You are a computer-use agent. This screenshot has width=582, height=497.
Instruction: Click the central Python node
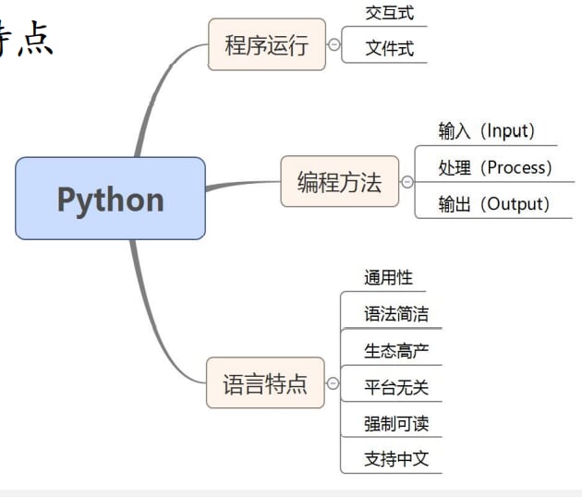pos(110,199)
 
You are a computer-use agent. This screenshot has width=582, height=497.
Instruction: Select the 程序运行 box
pos(266,44)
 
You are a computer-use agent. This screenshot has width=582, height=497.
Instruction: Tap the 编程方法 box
pos(339,182)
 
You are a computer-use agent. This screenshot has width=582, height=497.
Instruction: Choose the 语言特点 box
pos(265,383)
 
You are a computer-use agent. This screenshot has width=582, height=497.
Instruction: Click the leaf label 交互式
pos(389,13)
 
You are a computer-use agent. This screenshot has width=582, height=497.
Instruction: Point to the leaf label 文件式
pos(389,49)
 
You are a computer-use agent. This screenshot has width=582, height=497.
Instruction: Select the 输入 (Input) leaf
pos(487,131)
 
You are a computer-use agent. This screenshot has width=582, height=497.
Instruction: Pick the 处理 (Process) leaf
pos(495,168)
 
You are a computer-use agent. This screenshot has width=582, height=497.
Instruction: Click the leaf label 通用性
pos(388,277)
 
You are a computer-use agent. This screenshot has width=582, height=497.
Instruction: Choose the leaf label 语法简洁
pos(395,314)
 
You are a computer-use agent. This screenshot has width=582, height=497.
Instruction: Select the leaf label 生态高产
pos(395,351)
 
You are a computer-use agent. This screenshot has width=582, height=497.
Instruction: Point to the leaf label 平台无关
pos(395,387)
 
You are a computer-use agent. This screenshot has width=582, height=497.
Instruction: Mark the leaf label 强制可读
pos(395,424)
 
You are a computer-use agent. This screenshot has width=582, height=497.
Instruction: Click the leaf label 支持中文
pos(395,459)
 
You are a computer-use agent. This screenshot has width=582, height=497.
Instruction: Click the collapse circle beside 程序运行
pos(333,44)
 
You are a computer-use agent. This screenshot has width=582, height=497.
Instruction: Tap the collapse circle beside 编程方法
pos(406,182)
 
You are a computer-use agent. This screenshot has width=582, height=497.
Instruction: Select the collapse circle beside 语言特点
pos(333,383)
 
